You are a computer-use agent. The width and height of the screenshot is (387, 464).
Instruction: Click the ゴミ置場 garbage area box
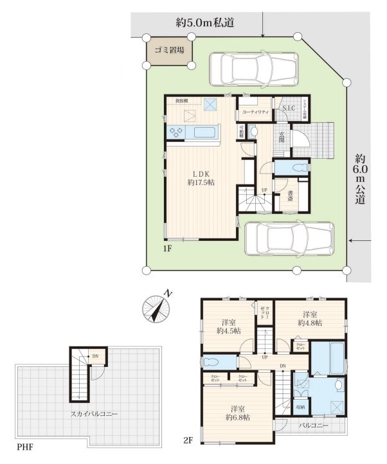[170, 50]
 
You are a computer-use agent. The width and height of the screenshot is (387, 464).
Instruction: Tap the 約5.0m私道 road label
[204, 22]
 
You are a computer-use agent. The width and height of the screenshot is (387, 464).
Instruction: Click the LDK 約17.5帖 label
[201, 178]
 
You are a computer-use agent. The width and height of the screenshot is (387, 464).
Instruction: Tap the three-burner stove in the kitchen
[177, 132]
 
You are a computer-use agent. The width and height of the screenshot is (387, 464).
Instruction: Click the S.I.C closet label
[288, 108]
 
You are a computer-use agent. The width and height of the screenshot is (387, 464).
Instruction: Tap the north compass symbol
[156, 308]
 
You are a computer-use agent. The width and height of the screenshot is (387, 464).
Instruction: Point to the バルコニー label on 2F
[314, 426]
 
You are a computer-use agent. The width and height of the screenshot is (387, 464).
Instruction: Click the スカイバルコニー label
[94, 415]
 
